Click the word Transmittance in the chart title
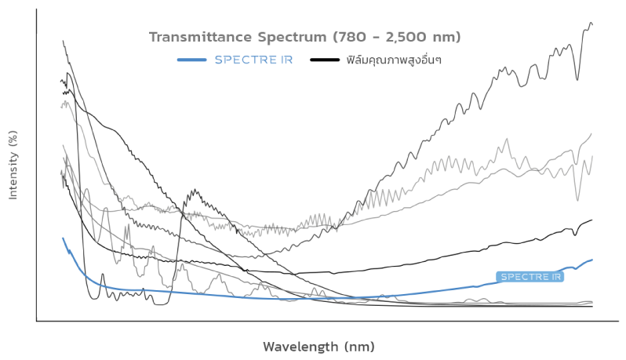[x=195, y=37]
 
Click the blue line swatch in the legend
[x=191, y=60]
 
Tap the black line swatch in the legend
[x=325, y=60]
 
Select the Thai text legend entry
[x=388, y=60]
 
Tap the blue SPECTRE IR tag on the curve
[x=530, y=277]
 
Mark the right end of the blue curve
[x=591, y=260]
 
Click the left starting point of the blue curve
[x=63, y=238]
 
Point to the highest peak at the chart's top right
[x=590, y=24]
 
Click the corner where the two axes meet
[x=37, y=320]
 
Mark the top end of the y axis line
[x=37, y=10]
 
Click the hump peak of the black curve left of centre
[x=193, y=191]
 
